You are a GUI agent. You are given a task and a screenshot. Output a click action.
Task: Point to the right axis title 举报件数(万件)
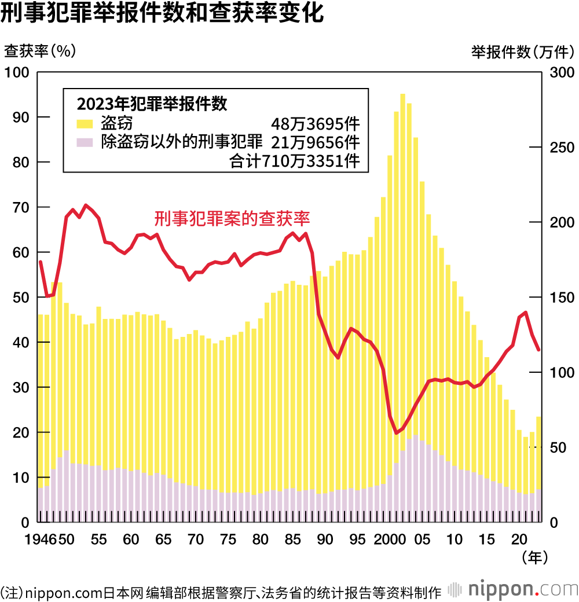[522, 52]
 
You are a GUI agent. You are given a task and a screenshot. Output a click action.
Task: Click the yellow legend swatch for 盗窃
[85, 123]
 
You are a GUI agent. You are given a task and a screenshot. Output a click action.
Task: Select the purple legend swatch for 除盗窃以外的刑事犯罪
[85, 142]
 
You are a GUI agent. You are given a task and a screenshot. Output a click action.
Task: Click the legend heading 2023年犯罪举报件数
[152, 104]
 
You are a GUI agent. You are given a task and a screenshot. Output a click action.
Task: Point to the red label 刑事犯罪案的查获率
[232, 218]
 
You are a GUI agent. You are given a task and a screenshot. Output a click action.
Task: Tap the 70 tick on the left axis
[21, 207]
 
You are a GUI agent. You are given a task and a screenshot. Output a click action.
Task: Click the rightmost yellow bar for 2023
[538, 452]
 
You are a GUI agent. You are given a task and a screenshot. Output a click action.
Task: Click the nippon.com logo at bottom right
[515, 590]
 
